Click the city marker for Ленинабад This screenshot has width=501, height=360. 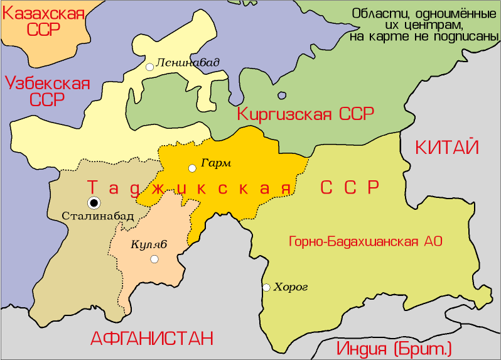pos(149,67)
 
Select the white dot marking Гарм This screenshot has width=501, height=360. pos(192,168)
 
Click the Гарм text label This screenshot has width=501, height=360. pos(216,163)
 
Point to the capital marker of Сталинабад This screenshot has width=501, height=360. pos(94,202)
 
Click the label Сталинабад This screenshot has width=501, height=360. pos(98,215)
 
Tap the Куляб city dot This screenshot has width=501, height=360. pos(154,259)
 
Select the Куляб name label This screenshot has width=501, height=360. pos(149,244)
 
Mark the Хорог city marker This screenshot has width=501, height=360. pos(266,288)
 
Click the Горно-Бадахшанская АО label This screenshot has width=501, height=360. pos(365,241)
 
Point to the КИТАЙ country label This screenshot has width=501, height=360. pos(447,148)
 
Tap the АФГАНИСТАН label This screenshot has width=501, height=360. pos(152,338)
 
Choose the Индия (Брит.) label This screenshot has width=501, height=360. pos(394,349)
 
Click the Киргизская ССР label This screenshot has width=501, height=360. pos(305,114)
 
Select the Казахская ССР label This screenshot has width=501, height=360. pos(43,21)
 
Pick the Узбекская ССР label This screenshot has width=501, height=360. pos(46,91)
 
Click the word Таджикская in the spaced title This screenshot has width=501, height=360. pos(190,188)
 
